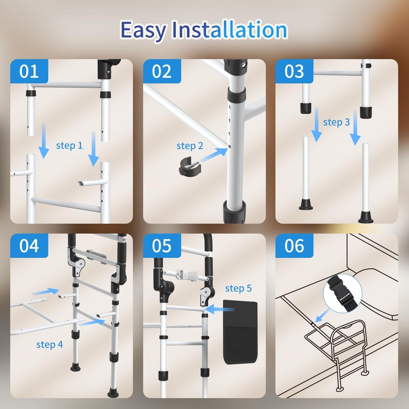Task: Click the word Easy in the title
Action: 143,30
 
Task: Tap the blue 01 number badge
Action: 29,71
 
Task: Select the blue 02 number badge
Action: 162,71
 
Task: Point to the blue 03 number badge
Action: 294,71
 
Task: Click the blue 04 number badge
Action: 29,246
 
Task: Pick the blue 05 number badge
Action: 162,246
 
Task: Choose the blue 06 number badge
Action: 294,246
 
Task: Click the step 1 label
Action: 69,145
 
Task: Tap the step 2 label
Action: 190,146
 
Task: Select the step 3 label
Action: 336,122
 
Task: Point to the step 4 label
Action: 50,344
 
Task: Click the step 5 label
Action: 238,288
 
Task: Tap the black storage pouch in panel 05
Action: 240,332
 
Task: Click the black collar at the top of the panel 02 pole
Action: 236,95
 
